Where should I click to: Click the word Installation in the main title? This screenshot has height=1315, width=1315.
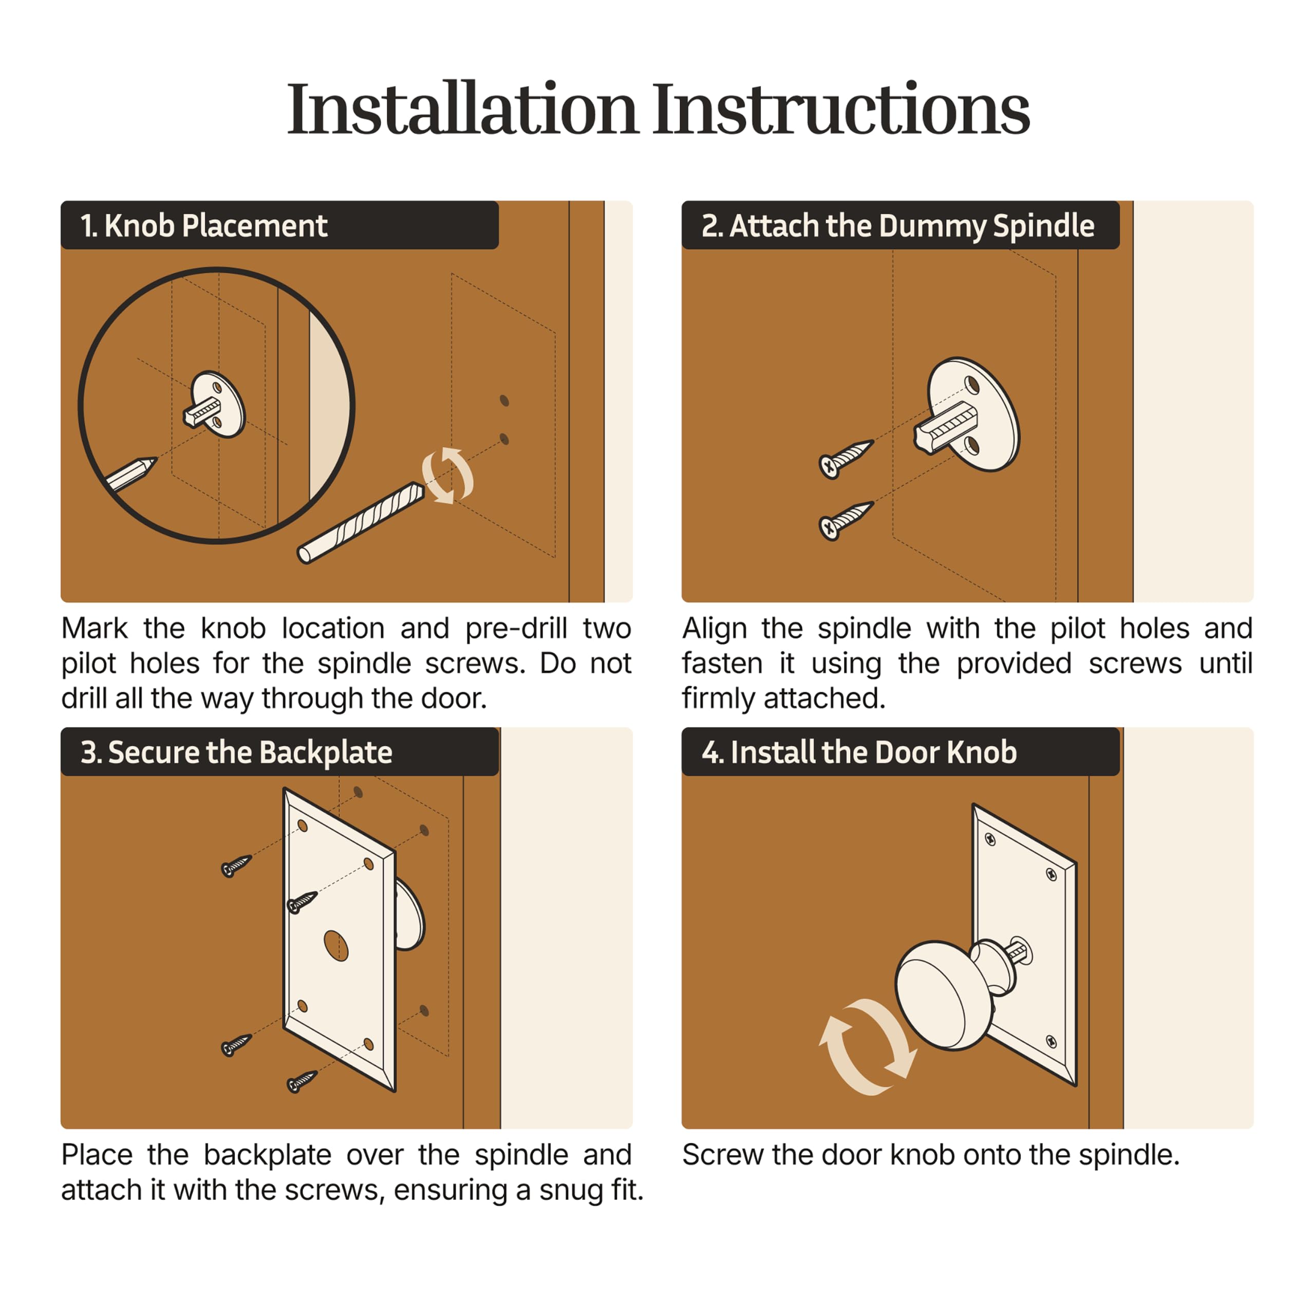pos(462,108)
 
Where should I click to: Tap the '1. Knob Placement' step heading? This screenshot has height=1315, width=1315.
pos(204,226)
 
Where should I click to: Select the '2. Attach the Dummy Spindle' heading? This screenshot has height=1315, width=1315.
pos(898,226)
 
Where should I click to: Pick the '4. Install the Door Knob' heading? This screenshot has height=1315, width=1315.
pos(859,752)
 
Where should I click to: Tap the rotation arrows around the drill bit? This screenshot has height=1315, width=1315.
pos(447,476)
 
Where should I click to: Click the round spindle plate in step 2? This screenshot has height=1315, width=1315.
pos(973,414)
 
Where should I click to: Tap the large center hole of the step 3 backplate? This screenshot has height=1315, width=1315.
pos(335,945)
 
